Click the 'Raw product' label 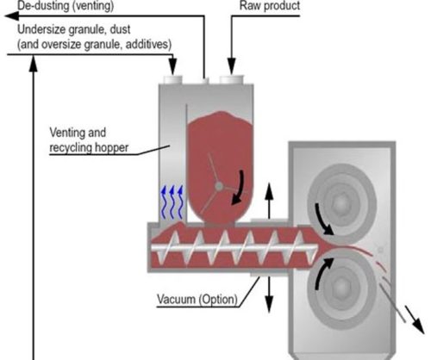click(270, 5)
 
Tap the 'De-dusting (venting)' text click(66, 5)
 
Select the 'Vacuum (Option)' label click(197, 299)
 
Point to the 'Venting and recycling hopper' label click(89, 140)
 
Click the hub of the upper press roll click(341, 203)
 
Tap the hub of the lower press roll click(341, 287)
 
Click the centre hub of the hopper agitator click(219, 187)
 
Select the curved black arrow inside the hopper click(239, 188)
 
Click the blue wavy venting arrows click(172, 202)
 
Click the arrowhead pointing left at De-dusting click(11, 16)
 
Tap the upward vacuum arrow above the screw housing click(269, 201)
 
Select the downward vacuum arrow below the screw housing click(269, 295)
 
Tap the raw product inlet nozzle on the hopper click(232, 79)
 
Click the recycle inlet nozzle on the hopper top click(172, 79)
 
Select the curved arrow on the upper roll click(324, 219)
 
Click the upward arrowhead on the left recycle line click(34, 63)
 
